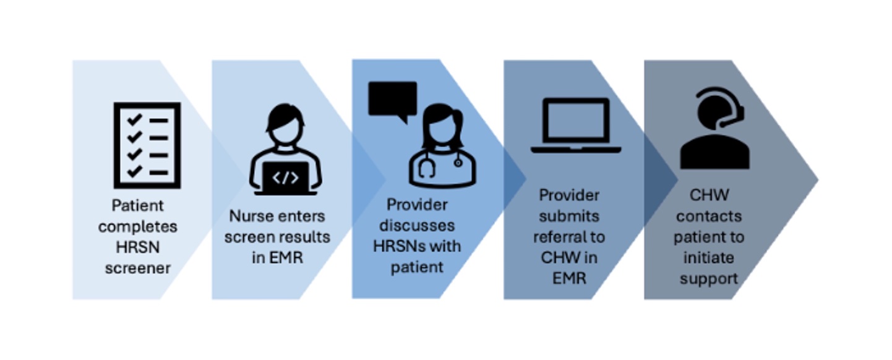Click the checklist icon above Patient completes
[x=147, y=145]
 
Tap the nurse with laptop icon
[x=286, y=149]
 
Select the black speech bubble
[x=393, y=101]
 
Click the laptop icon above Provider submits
[x=576, y=126]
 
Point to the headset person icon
[x=715, y=128]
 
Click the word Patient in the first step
[x=137, y=206]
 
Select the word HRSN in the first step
[x=138, y=247]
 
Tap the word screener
[x=138, y=268]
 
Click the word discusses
[x=417, y=226]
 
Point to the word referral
[x=558, y=237]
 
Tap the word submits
[x=569, y=216]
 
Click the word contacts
[x=709, y=216]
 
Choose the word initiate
[x=709, y=258]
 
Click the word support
[x=709, y=279]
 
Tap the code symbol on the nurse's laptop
[x=285, y=178]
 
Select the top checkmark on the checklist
[x=134, y=119]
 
